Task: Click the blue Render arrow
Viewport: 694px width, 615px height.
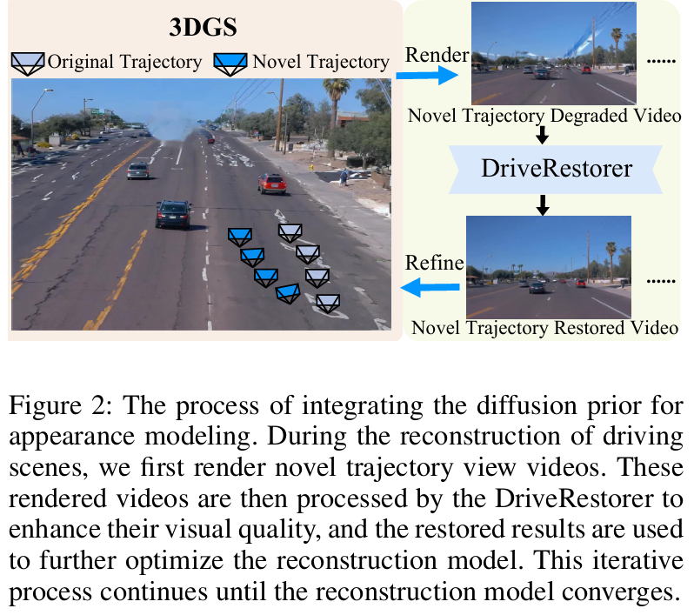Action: click(x=426, y=76)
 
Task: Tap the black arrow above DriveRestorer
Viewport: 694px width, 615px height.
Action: click(x=542, y=134)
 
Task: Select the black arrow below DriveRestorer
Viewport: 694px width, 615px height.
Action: click(x=542, y=204)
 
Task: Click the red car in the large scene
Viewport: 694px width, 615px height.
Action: click(x=272, y=184)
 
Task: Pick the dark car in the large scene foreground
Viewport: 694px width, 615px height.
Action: click(x=173, y=212)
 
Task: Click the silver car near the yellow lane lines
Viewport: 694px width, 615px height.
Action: click(x=137, y=170)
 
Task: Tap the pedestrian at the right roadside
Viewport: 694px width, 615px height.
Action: click(x=344, y=177)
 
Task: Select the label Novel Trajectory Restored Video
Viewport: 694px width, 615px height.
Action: click(x=544, y=328)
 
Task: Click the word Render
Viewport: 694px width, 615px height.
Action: click(x=437, y=56)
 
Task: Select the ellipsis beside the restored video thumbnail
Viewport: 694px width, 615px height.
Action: click(x=662, y=281)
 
